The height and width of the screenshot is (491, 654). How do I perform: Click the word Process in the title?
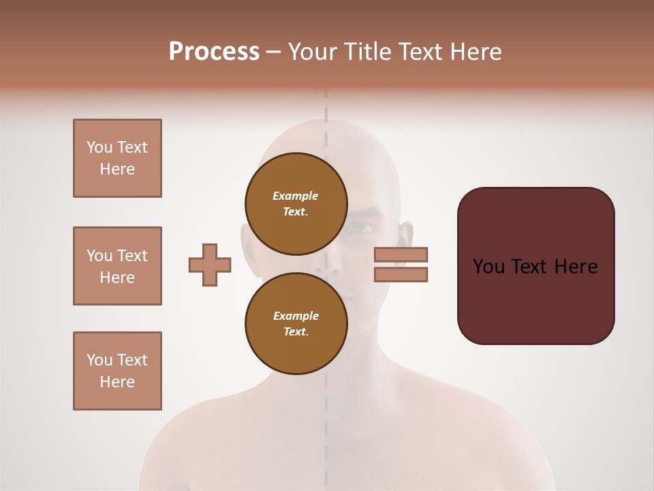(214, 52)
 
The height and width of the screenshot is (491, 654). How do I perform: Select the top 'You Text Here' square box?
(117, 158)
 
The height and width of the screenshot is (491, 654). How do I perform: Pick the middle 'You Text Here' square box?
(117, 266)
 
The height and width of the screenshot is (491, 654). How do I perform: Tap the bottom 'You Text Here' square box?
(117, 370)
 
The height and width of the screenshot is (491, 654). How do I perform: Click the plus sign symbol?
(210, 264)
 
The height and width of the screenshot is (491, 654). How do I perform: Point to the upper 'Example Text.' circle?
(296, 204)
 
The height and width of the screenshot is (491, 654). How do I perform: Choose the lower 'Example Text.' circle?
(296, 323)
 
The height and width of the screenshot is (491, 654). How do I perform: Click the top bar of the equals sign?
(401, 254)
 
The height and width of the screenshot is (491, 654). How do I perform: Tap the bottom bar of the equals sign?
(401, 274)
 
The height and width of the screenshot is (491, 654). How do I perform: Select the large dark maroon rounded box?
(535, 266)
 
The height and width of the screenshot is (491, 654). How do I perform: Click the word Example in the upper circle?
(296, 196)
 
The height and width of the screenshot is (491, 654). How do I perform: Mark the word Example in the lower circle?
(296, 316)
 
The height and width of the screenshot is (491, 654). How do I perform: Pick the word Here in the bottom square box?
(117, 382)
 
